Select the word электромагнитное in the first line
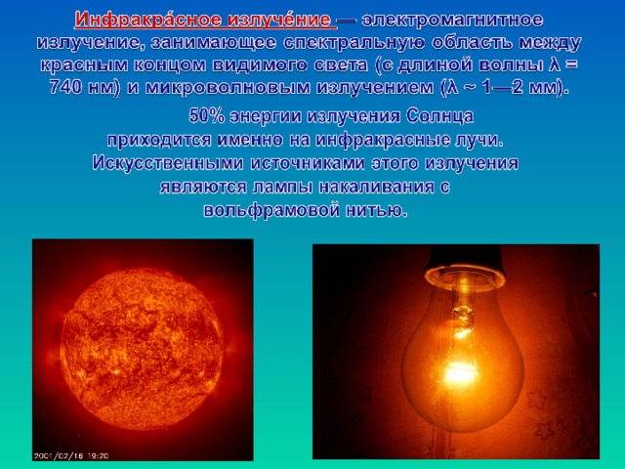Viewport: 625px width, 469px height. click(x=452, y=20)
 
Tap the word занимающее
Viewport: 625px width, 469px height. click(x=213, y=43)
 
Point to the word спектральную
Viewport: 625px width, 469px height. click(x=354, y=43)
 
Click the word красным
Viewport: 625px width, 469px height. click(x=84, y=65)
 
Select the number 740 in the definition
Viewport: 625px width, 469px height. click(x=65, y=87)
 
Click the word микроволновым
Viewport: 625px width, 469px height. click(x=228, y=87)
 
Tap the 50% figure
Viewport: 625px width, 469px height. click(x=206, y=116)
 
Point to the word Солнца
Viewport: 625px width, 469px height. click(x=440, y=116)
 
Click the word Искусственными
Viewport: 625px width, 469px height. click(x=167, y=163)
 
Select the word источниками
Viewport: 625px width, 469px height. click(x=308, y=163)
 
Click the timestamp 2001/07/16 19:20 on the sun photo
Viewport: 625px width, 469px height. click(x=70, y=456)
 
